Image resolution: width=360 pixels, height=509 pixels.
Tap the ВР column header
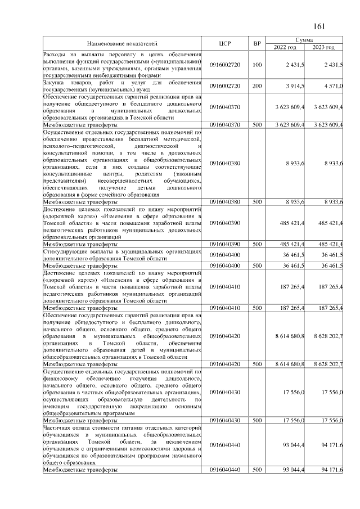pos(257,43)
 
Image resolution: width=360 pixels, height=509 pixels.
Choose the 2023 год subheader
pos(324,47)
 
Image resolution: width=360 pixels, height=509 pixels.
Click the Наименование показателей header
pos(122,43)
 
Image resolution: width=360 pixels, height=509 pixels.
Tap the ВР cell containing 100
pos(257,65)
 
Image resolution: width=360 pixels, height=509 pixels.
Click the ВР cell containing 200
pos(257,85)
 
